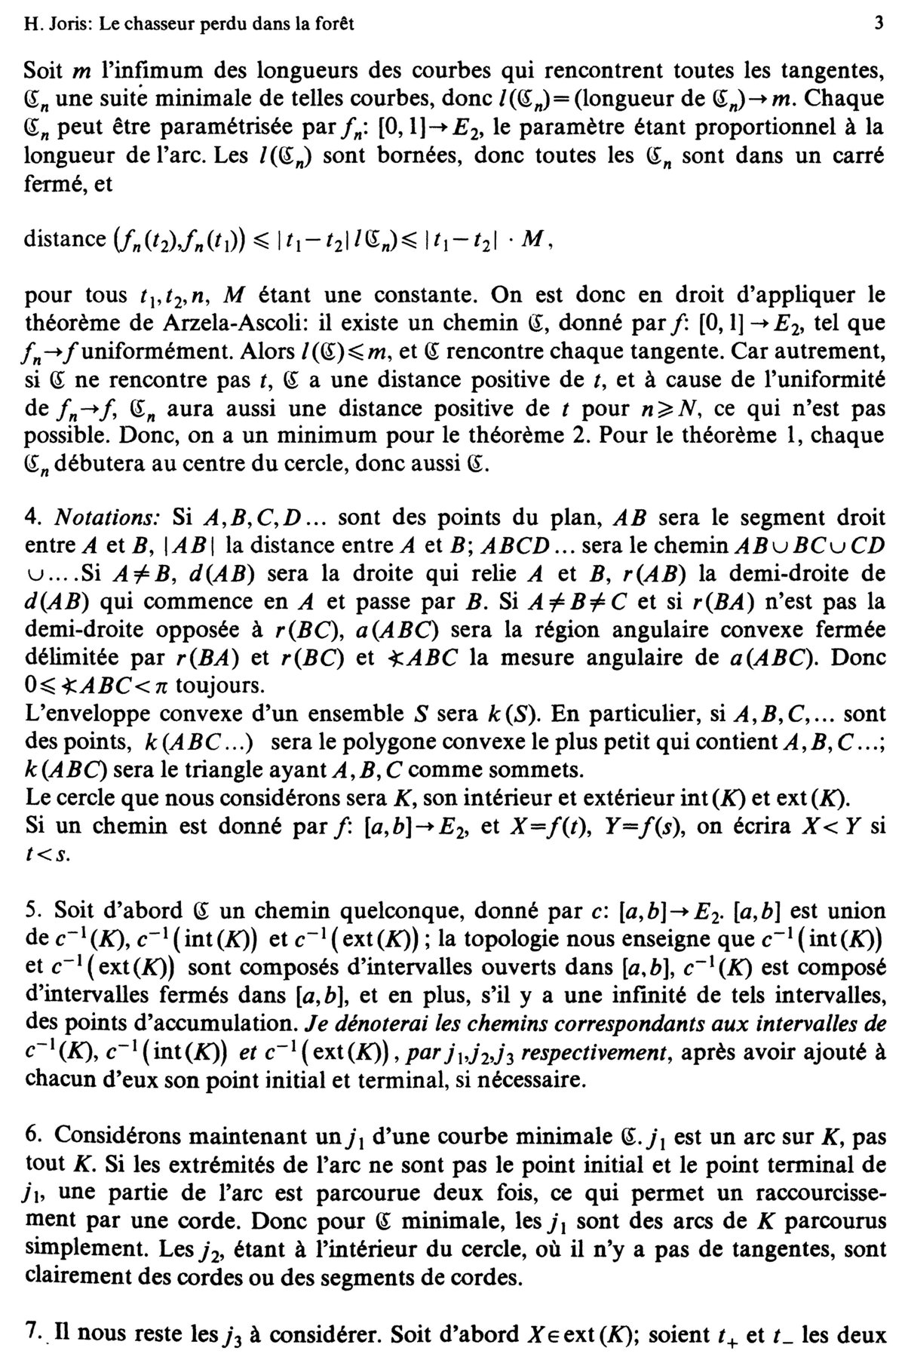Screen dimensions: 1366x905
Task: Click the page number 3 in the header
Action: pos(878,23)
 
